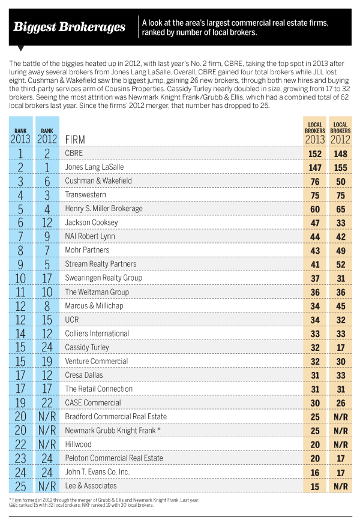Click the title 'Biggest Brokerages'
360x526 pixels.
(x=69, y=27)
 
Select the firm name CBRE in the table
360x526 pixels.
(x=74, y=154)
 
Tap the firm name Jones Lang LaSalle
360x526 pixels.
(x=94, y=167)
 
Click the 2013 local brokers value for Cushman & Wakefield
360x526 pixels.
(x=315, y=182)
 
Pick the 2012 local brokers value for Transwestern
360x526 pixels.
(x=341, y=196)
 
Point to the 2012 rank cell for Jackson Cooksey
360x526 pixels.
(x=47, y=223)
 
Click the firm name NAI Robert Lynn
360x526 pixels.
(x=90, y=236)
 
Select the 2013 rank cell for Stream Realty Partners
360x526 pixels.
(x=20, y=264)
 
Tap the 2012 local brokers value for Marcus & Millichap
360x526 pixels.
(x=341, y=306)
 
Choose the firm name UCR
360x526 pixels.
(x=72, y=320)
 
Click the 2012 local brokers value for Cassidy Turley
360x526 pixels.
(x=341, y=348)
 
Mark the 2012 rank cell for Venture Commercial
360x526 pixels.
(x=47, y=361)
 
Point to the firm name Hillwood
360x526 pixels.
(x=78, y=444)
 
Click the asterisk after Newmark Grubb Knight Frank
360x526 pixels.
(x=158, y=429)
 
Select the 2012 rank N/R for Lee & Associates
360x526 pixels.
(x=47, y=486)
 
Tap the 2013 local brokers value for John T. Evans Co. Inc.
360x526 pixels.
(x=315, y=473)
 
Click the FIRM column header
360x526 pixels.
(x=75, y=140)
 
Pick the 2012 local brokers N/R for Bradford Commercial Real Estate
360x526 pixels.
(x=341, y=417)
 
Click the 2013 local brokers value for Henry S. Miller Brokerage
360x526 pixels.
(x=315, y=209)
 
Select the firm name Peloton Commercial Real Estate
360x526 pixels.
(x=114, y=458)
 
